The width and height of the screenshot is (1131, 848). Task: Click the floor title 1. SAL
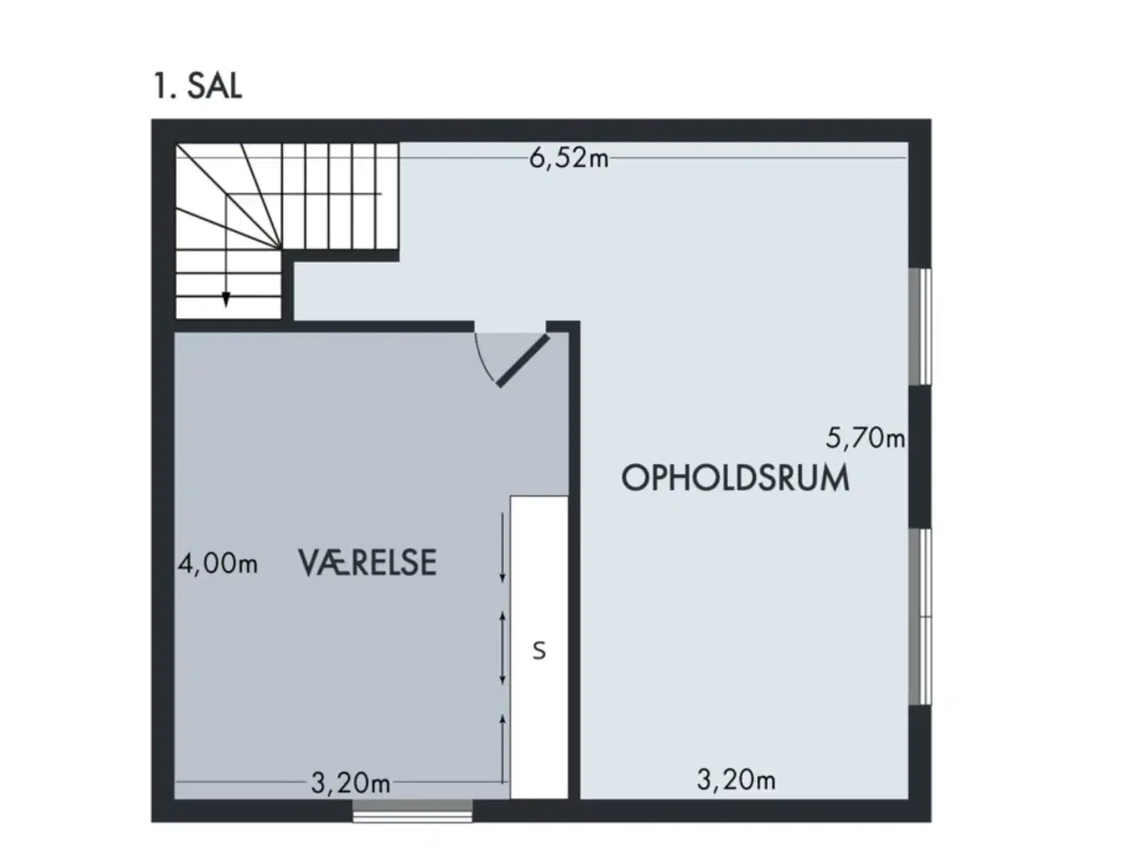click(197, 86)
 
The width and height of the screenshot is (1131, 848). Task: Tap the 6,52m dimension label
click(568, 158)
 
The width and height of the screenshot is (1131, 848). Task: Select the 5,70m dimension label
click(865, 438)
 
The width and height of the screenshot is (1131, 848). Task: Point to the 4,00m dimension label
click(217, 564)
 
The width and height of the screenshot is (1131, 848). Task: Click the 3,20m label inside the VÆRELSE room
click(351, 784)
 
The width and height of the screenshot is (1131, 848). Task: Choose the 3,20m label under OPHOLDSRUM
click(736, 779)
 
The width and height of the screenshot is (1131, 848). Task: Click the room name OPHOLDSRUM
click(735, 478)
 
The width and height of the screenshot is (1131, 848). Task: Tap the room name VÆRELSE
click(368, 563)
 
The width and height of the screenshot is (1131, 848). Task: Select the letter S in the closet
click(539, 651)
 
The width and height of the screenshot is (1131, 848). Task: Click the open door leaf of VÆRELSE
click(522, 360)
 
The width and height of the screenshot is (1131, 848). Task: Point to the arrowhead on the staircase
click(225, 299)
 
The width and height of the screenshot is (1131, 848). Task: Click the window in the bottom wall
click(413, 810)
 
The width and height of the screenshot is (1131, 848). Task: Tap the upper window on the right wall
click(920, 327)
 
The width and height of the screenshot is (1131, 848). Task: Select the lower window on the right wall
click(920, 617)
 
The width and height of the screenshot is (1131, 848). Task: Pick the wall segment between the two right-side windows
click(920, 457)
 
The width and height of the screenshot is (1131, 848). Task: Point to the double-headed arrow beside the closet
click(503, 648)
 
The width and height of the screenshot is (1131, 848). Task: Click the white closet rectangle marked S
click(539, 647)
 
